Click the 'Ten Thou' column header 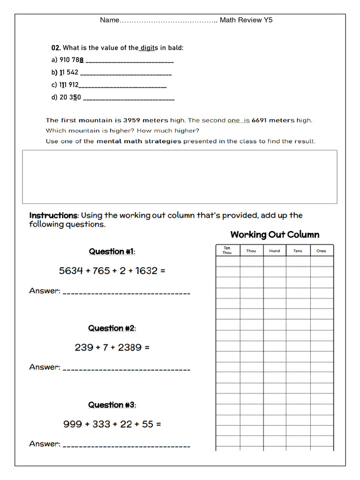[227, 250]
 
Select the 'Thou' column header [251, 251]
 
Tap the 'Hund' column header [275, 251]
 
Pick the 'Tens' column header [298, 251]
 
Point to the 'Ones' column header [321, 251]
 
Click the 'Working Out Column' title [275, 234]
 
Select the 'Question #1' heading [112, 252]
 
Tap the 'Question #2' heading [112, 328]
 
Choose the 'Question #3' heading [112, 405]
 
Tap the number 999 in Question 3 [72, 424]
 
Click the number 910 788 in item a [72, 60]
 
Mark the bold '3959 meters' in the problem [145, 120]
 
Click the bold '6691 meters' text [273, 120]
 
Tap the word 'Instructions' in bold [53, 216]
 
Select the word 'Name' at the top [110, 20]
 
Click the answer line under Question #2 [126, 368]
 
